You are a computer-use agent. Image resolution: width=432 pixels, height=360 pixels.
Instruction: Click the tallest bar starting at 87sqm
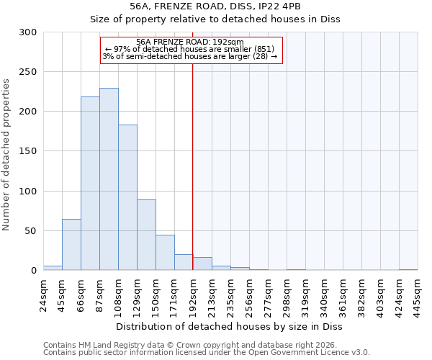[x=109, y=179]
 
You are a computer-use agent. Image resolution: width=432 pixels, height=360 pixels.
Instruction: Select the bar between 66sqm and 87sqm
[x=90, y=184]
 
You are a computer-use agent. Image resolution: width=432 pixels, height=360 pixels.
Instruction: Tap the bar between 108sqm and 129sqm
[x=127, y=197]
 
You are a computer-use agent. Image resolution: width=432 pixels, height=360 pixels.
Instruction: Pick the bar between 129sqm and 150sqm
[x=146, y=235]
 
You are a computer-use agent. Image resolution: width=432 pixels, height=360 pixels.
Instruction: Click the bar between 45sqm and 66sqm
[x=71, y=245]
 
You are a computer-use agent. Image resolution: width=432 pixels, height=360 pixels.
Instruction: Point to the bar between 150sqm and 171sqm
[x=165, y=253]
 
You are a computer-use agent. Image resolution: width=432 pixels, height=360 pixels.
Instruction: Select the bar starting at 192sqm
[x=202, y=264]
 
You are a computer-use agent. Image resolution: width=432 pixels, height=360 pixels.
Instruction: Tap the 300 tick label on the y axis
[x=28, y=32]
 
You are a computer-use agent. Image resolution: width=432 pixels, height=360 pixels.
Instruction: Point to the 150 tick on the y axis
[x=28, y=151]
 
